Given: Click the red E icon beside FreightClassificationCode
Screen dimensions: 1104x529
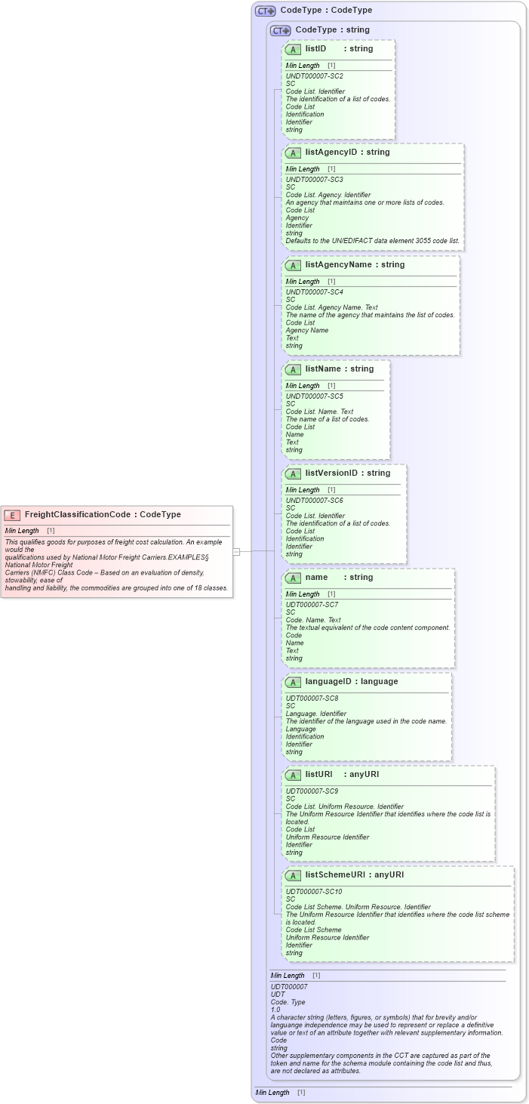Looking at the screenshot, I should [12, 515].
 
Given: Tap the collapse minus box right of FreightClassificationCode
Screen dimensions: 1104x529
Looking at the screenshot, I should [236, 551].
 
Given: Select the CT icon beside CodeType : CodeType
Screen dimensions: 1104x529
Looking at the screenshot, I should [266, 11].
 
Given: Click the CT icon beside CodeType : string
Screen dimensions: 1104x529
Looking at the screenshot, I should [281, 30].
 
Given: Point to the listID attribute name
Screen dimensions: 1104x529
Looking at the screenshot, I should [315, 48].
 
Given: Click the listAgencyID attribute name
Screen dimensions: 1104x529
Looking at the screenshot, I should [331, 152].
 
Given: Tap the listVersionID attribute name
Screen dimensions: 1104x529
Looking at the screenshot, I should [331, 473].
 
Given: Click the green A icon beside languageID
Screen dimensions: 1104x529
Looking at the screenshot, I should [294, 682].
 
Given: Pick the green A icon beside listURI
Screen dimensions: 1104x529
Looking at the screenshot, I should [294, 775].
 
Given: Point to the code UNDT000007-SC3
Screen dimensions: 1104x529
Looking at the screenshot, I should [314, 180].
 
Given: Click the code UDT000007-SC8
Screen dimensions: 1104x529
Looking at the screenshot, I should [312, 698].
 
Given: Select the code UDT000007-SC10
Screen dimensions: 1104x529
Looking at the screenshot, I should [313, 892].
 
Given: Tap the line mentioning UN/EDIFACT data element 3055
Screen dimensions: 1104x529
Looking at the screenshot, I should [372, 241].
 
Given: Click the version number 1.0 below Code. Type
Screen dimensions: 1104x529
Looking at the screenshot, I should [275, 1010].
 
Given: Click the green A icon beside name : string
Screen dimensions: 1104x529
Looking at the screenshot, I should [294, 578].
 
